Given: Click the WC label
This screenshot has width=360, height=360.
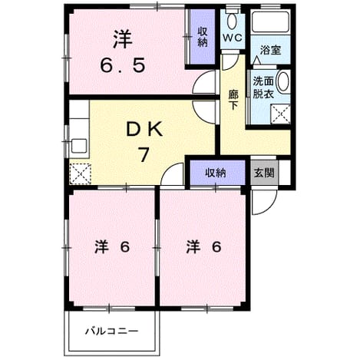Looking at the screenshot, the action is (x=232, y=38).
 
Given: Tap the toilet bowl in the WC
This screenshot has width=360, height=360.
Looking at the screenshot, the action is (x=233, y=21).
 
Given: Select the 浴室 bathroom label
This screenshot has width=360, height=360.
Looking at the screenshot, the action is (x=271, y=50).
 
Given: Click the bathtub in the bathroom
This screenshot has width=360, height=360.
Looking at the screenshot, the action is (x=271, y=21).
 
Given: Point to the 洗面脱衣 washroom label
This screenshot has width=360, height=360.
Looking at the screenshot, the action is (x=263, y=88).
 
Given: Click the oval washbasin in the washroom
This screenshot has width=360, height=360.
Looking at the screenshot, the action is (x=283, y=81).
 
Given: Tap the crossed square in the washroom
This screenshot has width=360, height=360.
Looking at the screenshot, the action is (x=281, y=114).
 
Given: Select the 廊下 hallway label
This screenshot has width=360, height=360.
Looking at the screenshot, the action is (x=233, y=100).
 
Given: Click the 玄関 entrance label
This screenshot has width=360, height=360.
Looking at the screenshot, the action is (x=264, y=173).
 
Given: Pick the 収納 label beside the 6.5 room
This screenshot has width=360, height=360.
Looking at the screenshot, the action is (x=203, y=38).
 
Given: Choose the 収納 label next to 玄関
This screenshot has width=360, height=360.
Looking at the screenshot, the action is (x=216, y=173).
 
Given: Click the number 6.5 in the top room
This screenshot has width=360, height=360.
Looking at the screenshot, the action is (x=123, y=65).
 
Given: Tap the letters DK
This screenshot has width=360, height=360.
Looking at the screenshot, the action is (x=145, y=130).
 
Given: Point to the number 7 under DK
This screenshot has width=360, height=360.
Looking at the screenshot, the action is (x=144, y=154).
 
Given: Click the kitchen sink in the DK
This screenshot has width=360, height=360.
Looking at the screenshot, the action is (x=79, y=146).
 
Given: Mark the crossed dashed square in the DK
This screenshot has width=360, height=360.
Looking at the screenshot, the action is (x=81, y=173).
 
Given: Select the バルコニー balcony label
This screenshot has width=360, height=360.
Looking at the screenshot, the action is (x=111, y=332).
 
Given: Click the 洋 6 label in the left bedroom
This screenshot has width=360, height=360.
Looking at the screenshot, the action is (x=112, y=247).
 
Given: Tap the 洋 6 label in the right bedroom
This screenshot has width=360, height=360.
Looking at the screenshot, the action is (x=203, y=247).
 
